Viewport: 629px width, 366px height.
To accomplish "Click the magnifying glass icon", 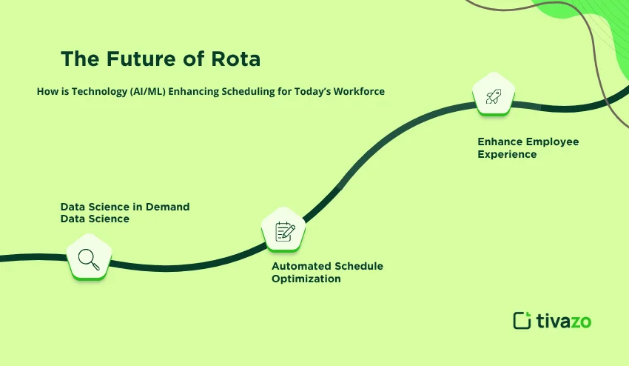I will click(x=89, y=259).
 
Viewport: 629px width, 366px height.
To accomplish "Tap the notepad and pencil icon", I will click(x=284, y=231).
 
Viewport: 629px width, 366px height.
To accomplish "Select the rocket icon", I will click(x=494, y=96).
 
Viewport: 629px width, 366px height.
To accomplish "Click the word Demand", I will click(x=167, y=207).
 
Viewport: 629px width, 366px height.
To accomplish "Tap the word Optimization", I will click(x=306, y=279).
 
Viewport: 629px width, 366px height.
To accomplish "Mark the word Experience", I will click(x=507, y=154).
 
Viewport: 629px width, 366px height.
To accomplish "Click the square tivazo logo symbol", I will click(x=522, y=320).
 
